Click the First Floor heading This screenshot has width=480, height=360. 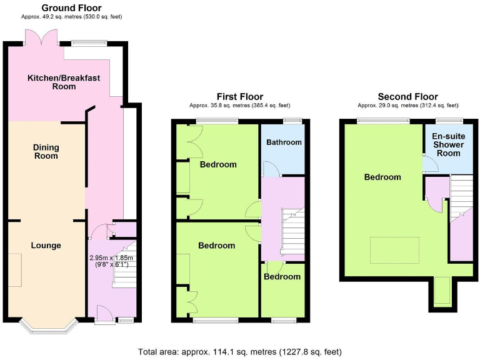tap(239, 96)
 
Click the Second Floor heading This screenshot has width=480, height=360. tap(407, 96)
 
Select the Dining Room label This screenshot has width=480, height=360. tap(46, 151)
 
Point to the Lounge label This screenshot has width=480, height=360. tap(46, 246)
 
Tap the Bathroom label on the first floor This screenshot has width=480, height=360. tap(284, 142)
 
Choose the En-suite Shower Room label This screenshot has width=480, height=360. tap(449, 144)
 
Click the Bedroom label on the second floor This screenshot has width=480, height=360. tap(382, 177)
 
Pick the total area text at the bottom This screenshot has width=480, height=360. tap(239, 351)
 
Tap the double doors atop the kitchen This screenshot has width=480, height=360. tap(42, 39)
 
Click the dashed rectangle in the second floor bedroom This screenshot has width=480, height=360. tap(395, 250)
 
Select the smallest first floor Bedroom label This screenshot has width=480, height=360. tap(282, 276)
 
